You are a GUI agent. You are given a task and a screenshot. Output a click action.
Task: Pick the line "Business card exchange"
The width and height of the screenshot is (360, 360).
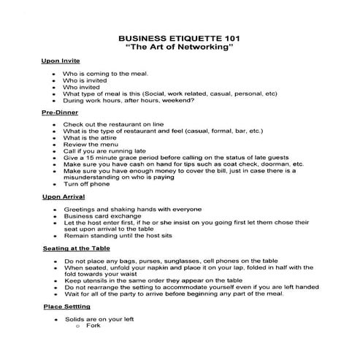(x=102, y=216)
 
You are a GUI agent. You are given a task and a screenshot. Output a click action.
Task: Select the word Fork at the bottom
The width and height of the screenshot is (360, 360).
(x=93, y=326)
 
